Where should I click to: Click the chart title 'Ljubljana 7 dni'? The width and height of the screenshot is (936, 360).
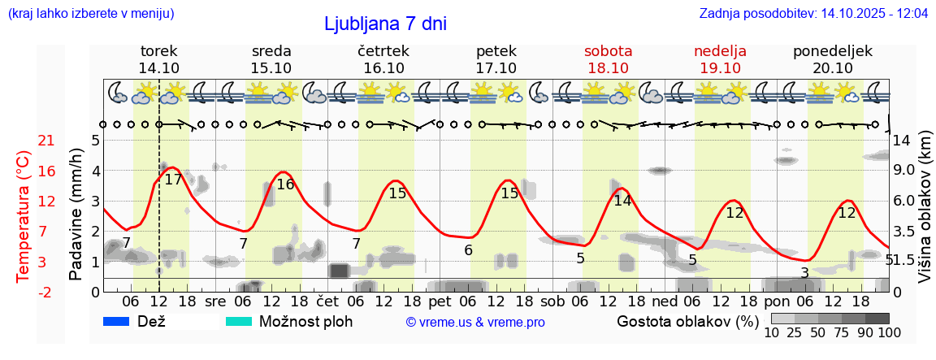click(x=385, y=24)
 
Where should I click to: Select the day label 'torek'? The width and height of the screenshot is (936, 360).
click(x=158, y=51)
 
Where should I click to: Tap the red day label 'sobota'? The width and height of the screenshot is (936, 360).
click(x=608, y=51)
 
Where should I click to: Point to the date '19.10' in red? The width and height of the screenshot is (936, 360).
click(x=720, y=68)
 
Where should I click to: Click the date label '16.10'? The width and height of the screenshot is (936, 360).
click(x=383, y=68)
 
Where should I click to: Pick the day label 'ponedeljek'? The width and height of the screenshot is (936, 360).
click(x=832, y=51)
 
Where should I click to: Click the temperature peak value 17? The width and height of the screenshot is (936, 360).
click(x=173, y=180)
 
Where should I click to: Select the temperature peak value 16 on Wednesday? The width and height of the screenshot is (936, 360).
click(x=285, y=184)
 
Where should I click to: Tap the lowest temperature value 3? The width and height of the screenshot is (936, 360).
click(x=804, y=273)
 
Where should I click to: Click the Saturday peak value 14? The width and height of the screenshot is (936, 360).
click(x=622, y=201)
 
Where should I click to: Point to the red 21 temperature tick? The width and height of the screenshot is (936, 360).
click(x=46, y=141)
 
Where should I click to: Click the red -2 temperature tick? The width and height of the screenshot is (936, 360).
click(x=46, y=292)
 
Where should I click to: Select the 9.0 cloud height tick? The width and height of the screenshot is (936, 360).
click(x=904, y=171)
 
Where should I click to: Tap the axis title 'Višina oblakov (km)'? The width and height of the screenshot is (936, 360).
click(x=925, y=207)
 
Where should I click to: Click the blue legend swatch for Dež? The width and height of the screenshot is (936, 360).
click(x=117, y=321)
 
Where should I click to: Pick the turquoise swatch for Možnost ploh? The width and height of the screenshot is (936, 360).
click(x=239, y=321)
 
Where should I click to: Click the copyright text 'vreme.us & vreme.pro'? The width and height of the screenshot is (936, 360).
click(x=475, y=323)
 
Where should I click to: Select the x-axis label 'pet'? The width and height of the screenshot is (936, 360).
click(x=440, y=301)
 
